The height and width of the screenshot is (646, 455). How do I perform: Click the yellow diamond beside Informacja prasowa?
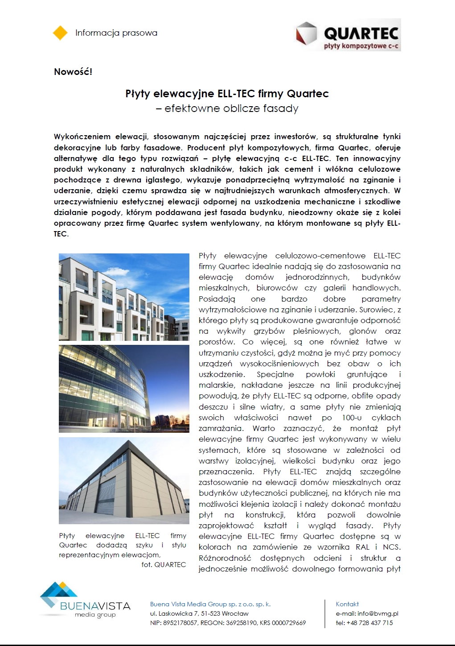60,33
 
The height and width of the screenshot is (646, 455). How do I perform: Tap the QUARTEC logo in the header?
348,35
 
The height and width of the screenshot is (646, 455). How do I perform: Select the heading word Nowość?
73,72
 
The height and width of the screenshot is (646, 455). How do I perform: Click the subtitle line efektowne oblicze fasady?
227,108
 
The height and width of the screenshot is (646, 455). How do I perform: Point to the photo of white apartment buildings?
124,297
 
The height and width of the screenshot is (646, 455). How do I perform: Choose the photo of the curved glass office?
124,389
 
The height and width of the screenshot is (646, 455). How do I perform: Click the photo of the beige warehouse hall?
124,480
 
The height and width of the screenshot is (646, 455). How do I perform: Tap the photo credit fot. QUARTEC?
164,564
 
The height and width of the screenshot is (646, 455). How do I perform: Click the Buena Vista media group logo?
85,600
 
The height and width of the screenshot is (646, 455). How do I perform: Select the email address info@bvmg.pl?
378,613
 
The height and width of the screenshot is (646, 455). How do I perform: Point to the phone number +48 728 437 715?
370,623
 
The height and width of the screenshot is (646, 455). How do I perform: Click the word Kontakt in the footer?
347,604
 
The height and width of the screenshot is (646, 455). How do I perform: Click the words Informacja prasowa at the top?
116,33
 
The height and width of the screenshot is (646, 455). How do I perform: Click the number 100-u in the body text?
352,418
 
